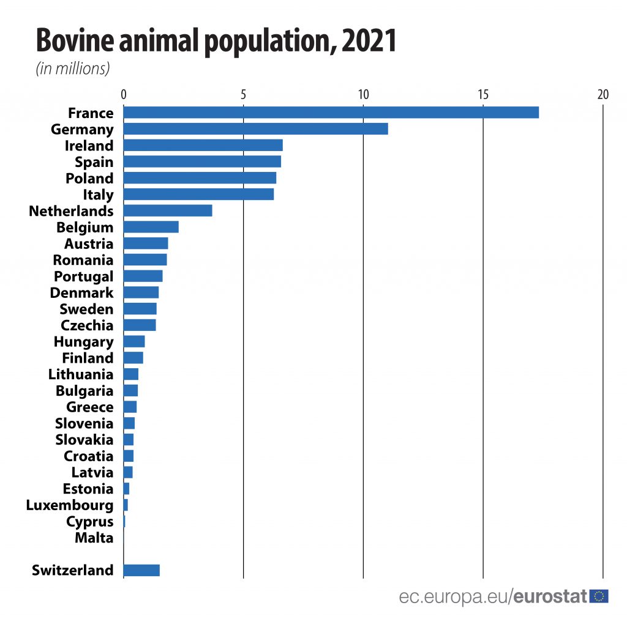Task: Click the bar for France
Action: [331, 113]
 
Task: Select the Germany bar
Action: [255, 129]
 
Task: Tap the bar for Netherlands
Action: [168, 210]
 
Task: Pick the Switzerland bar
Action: [141, 570]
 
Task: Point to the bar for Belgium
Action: [151, 227]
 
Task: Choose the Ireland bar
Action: [203, 146]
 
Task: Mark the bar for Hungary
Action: [134, 341]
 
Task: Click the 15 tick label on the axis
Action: [483, 95]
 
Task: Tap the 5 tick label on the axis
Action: [244, 95]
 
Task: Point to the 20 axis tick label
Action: [603, 95]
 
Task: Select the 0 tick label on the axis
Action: [124, 95]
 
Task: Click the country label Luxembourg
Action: [70, 505]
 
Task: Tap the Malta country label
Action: [94, 538]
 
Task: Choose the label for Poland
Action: [89, 179]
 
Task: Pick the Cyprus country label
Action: [89, 522]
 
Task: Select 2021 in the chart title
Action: [369, 42]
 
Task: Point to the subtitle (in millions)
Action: [73, 69]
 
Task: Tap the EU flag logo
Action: [599, 596]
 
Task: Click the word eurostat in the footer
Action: [550, 596]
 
